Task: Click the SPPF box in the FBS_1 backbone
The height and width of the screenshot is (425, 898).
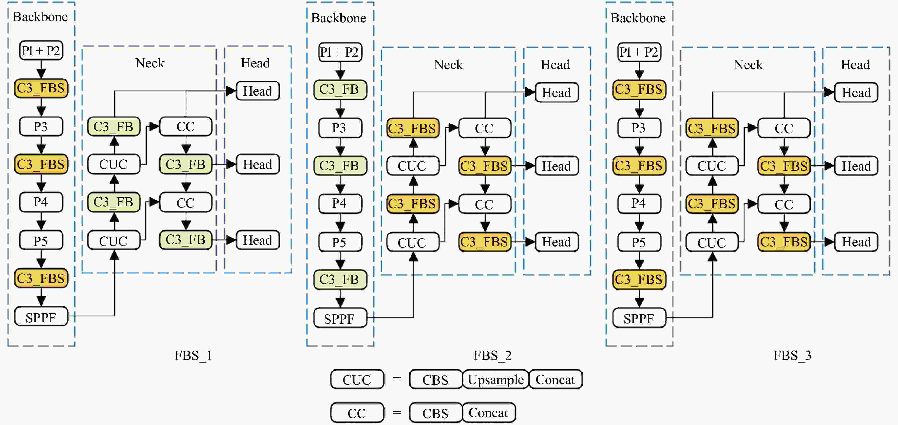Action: point(41,317)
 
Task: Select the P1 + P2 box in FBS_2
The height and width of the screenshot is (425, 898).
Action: point(340,52)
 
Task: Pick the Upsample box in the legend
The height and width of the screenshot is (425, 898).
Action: point(495,379)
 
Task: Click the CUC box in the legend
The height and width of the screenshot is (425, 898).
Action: point(357,379)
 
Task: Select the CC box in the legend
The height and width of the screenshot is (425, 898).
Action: point(357,413)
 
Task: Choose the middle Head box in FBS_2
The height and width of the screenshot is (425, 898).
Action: point(556,166)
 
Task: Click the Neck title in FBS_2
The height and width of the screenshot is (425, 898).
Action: point(448,65)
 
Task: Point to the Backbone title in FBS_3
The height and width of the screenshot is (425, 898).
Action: point(638,18)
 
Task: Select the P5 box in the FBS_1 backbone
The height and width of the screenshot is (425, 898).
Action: point(41,241)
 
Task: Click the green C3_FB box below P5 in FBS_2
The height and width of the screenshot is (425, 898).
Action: point(340,279)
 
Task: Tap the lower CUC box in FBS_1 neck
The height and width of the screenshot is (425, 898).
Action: point(114,241)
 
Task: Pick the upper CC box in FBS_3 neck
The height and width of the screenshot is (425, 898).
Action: point(784,128)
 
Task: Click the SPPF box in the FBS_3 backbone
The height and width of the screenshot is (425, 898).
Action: point(639,318)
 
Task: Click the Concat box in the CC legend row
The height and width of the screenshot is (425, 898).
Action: point(488,413)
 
